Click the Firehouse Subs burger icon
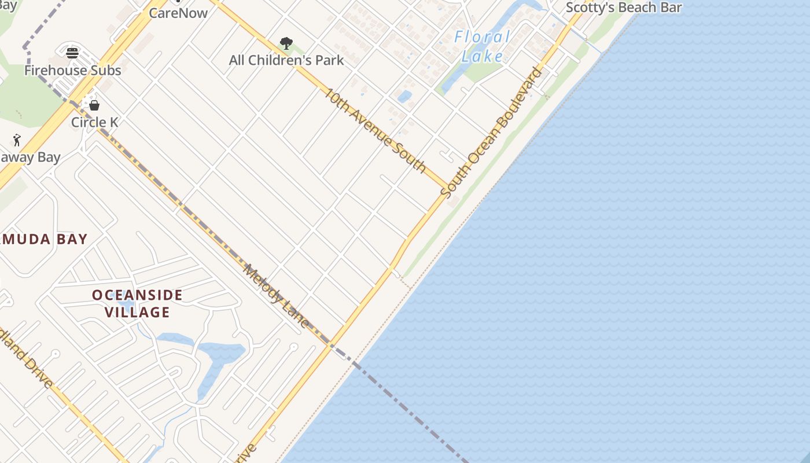72,53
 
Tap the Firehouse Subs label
73,71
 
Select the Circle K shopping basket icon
94,105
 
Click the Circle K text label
94,122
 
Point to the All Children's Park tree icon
286,43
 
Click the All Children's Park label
286,60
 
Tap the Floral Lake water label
483,46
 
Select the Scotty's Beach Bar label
624,8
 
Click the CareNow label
178,13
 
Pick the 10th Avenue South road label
375,130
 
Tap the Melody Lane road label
277,296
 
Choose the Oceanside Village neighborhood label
138,303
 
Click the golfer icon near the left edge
17,140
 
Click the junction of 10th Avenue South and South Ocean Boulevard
446,189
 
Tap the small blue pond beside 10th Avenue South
404,95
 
